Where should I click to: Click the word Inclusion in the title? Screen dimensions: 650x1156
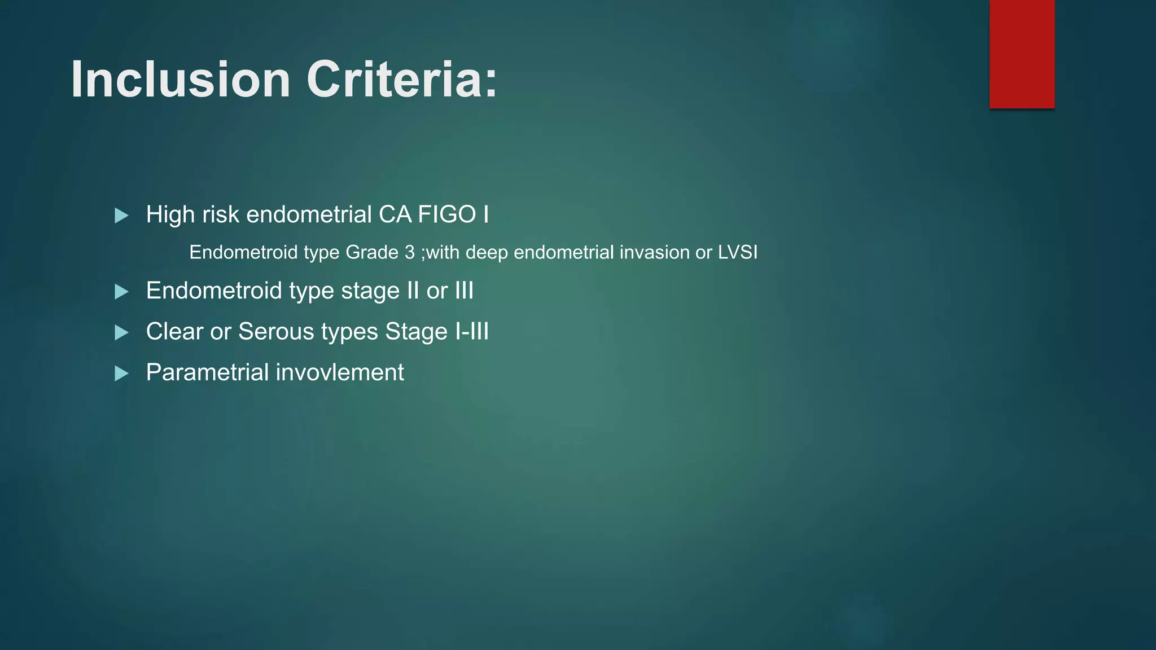pyautogui.click(x=181, y=80)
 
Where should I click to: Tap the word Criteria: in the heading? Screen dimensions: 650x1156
pyautogui.click(x=401, y=80)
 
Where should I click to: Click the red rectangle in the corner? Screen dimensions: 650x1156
pyautogui.click(x=1022, y=54)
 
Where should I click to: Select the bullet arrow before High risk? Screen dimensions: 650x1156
pyautogui.click(x=121, y=216)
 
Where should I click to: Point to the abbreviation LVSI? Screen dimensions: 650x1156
pyautogui.click(x=737, y=252)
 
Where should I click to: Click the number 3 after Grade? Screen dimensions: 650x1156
pyautogui.click(x=409, y=252)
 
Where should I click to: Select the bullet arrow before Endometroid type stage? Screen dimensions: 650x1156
pyautogui.click(x=121, y=292)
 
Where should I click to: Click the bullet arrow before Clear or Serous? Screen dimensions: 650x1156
pyautogui.click(x=121, y=332)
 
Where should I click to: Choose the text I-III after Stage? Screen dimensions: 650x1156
pyautogui.click(x=472, y=332)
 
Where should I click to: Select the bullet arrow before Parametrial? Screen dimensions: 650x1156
pyautogui.click(x=121, y=374)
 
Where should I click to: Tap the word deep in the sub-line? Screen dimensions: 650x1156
pyautogui.click(x=487, y=253)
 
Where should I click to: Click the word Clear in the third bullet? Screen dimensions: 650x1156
pyautogui.click(x=174, y=332)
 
